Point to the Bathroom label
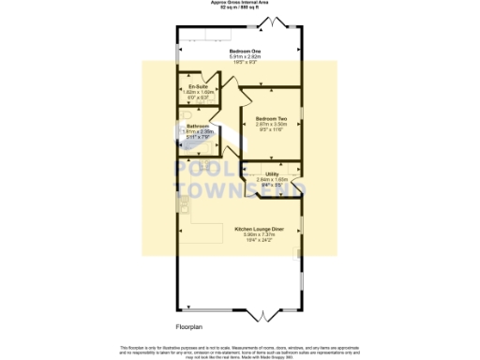coord(198,126)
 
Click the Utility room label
coord(272,173)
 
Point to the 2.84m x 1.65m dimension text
coord(272,179)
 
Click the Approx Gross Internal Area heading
coord(240,3)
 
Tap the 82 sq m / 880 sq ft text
coord(240,8)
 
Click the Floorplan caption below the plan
coord(189,327)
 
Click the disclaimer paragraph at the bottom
coord(240,350)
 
